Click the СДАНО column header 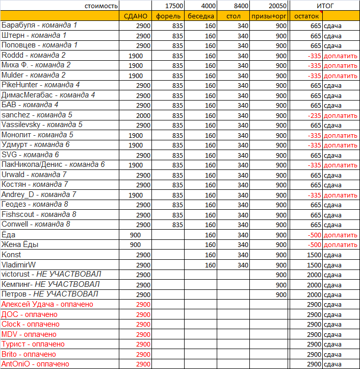click(x=136, y=16)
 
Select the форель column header click(x=169, y=16)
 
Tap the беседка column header click(x=201, y=16)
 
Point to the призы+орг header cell click(x=269, y=16)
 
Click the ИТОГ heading click(x=324, y=6)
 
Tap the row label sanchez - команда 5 click(x=37, y=115)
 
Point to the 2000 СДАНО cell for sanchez click(x=143, y=115)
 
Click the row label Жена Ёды click(x=20, y=244)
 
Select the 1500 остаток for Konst click(x=314, y=255)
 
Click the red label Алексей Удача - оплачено click(x=47, y=304)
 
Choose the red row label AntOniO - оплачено click(x=36, y=364)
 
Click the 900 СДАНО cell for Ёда click(x=135, y=235)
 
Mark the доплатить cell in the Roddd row click(x=341, y=56)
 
